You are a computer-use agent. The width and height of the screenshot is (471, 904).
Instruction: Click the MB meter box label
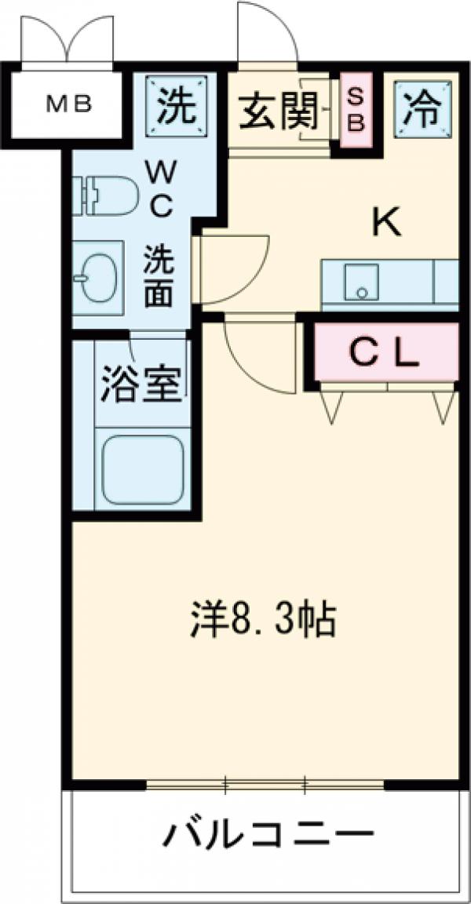tap(69, 103)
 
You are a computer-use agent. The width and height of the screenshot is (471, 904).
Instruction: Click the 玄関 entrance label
tap(277, 111)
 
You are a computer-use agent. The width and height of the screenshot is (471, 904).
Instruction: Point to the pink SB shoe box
tap(356, 111)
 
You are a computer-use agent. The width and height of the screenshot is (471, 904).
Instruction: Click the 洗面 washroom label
tap(158, 275)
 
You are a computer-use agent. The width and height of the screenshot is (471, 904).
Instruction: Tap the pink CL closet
tap(385, 354)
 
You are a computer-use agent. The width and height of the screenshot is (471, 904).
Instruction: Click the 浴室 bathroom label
tap(141, 385)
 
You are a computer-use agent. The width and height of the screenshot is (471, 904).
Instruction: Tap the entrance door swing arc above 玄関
tap(267, 31)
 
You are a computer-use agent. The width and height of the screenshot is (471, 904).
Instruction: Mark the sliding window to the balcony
tap(265, 783)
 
